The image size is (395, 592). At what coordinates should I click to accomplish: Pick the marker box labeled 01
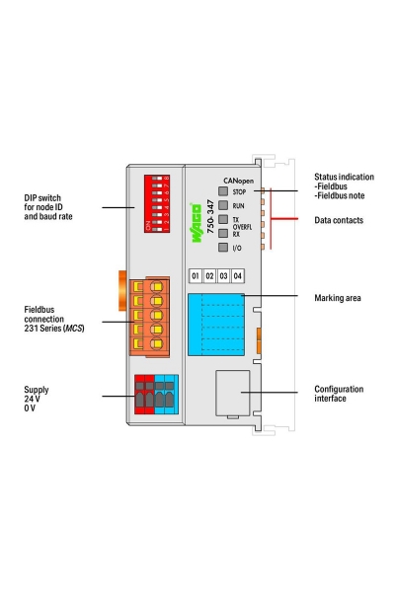point(196,275)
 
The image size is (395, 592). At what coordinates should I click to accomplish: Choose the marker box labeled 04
point(237,275)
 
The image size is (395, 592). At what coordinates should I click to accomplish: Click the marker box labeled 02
point(209,275)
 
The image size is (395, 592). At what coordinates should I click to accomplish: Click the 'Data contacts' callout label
point(338,220)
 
